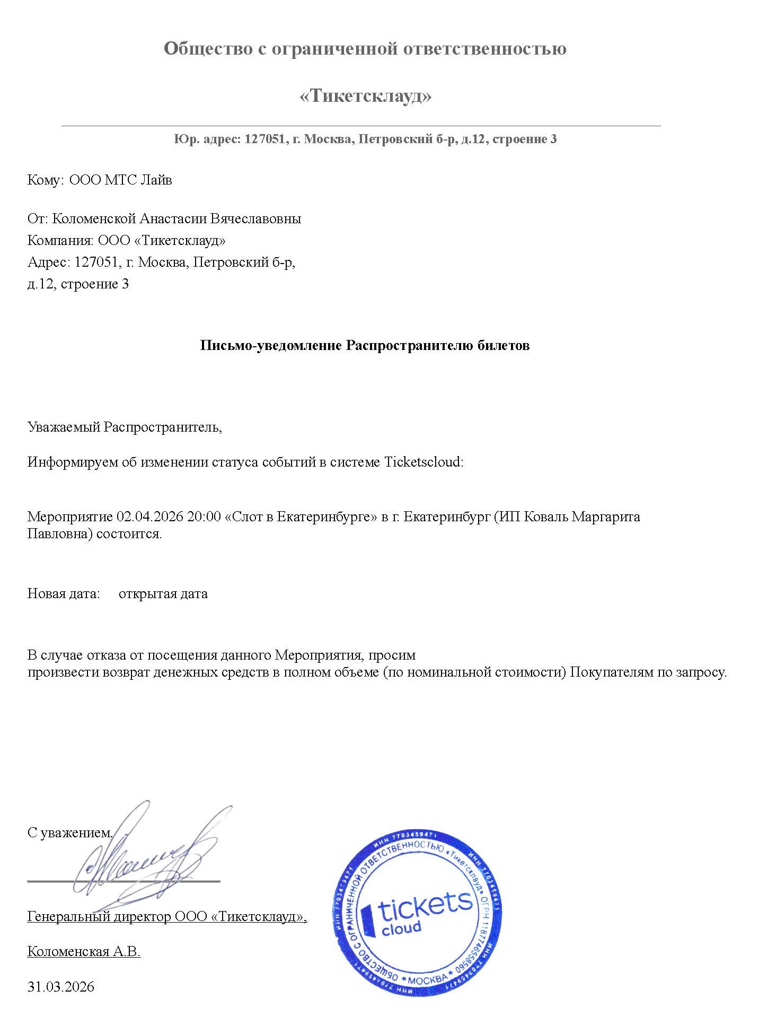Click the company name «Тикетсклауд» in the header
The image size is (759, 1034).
pyautogui.click(x=365, y=96)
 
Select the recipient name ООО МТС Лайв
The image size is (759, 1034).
pyautogui.click(x=121, y=180)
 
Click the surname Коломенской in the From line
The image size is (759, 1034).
pyautogui.click(x=94, y=218)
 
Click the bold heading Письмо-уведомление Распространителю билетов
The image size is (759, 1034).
pyautogui.click(x=365, y=346)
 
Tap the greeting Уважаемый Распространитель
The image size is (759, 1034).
pyautogui.click(x=125, y=427)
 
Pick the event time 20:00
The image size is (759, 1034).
pyautogui.click(x=204, y=516)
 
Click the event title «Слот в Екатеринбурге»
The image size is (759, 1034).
pyautogui.click(x=301, y=516)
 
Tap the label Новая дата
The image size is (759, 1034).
pyautogui.click(x=64, y=593)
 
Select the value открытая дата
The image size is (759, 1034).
pyautogui.click(x=163, y=593)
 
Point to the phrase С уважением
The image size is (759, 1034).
pyautogui.click(x=69, y=833)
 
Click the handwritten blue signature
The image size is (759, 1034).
pyautogui.click(x=151, y=859)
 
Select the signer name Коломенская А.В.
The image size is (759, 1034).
pyautogui.click(x=84, y=951)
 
